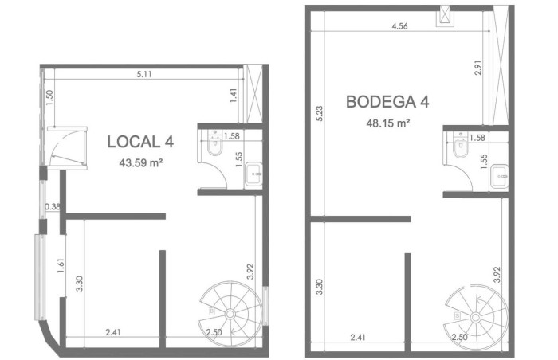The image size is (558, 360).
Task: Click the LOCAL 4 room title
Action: tap(140, 142)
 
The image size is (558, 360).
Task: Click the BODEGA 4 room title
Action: tap(387, 102)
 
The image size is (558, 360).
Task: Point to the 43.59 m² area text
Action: tap(141, 163)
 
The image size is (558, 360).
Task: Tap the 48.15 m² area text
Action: tap(388, 123)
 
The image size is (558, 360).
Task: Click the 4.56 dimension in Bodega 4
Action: tap(399, 26)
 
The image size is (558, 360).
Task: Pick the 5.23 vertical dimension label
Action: tap(319, 113)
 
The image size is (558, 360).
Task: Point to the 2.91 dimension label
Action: tap(478, 67)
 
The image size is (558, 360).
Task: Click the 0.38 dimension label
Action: tap(53, 206)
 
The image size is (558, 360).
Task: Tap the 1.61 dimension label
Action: tap(61, 265)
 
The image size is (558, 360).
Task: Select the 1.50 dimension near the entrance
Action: tap(49, 97)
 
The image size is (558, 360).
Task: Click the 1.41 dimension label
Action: tap(234, 96)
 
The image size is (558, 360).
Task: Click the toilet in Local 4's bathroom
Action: tap(214, 143)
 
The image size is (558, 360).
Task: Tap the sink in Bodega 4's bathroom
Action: tap(499, 176)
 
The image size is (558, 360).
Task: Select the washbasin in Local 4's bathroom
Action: tap(253, 174)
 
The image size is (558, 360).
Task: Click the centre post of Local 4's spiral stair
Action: tap(230, 314)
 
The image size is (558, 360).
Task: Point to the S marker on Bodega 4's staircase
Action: tap(458, 315)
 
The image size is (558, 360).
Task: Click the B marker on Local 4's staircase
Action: tap(212, 311)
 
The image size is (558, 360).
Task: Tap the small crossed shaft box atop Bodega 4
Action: tap(445, 16)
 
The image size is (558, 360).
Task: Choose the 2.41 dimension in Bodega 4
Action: tap(358, 337)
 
